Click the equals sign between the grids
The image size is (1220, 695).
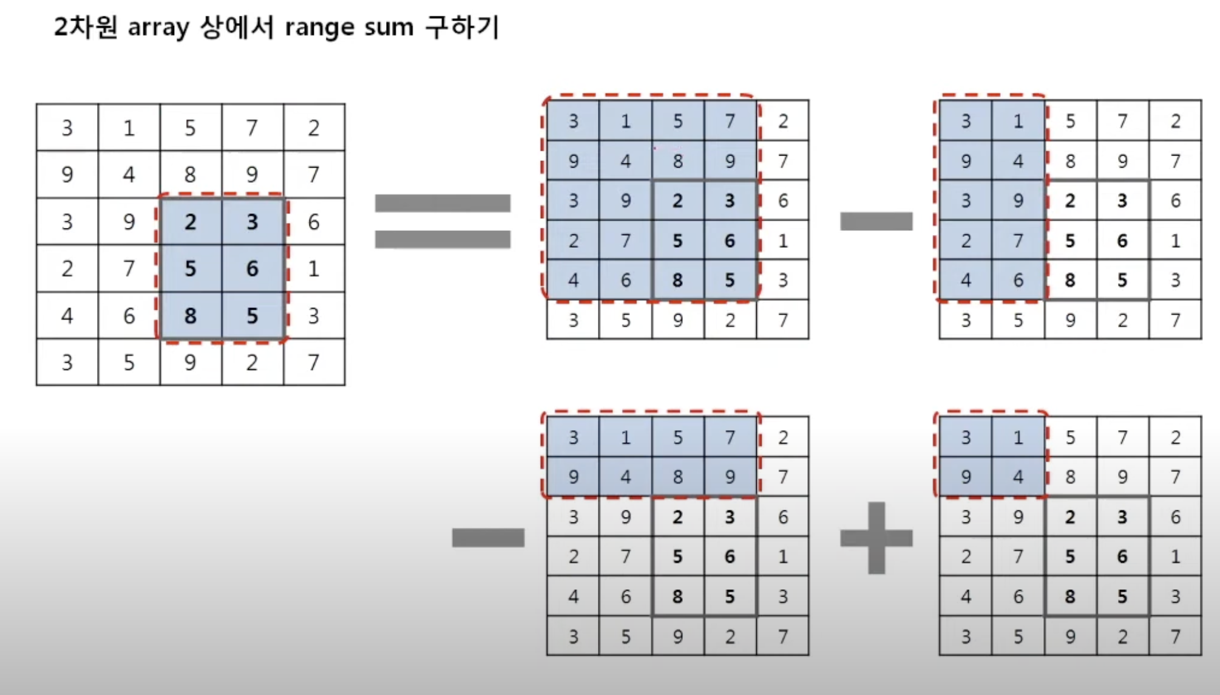tap(442, 221)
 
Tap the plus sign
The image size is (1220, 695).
tap(876, 538)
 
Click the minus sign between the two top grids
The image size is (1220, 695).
tap(876, 221)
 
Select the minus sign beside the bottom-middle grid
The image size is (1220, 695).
tap(488, 538)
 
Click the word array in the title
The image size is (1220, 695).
tap(158, 28)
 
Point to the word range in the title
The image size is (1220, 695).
tap(319, 28)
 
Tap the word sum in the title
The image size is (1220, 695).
tap(388, 28)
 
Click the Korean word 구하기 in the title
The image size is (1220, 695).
tap(462, 28)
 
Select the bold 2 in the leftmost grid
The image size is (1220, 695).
tap(191, 222)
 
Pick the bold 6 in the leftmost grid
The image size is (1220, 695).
tap(252, 269)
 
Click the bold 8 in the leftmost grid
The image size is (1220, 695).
tap(191, 316)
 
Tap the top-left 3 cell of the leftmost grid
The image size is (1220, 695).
tap(67, 128)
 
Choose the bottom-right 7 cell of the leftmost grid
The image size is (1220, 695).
tap(313, 363)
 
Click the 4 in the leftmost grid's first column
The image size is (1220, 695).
tap(67, 316)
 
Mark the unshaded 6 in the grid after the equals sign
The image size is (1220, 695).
tap(783, 200)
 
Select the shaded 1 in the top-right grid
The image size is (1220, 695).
tap(1018, 122)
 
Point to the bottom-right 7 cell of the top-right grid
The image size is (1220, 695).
tap(1175, 320)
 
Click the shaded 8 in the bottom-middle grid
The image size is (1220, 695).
tap(678, 477)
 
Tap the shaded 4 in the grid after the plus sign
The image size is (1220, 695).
tap(1018, 477)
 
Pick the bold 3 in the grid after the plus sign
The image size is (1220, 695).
tap(1122, 517)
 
